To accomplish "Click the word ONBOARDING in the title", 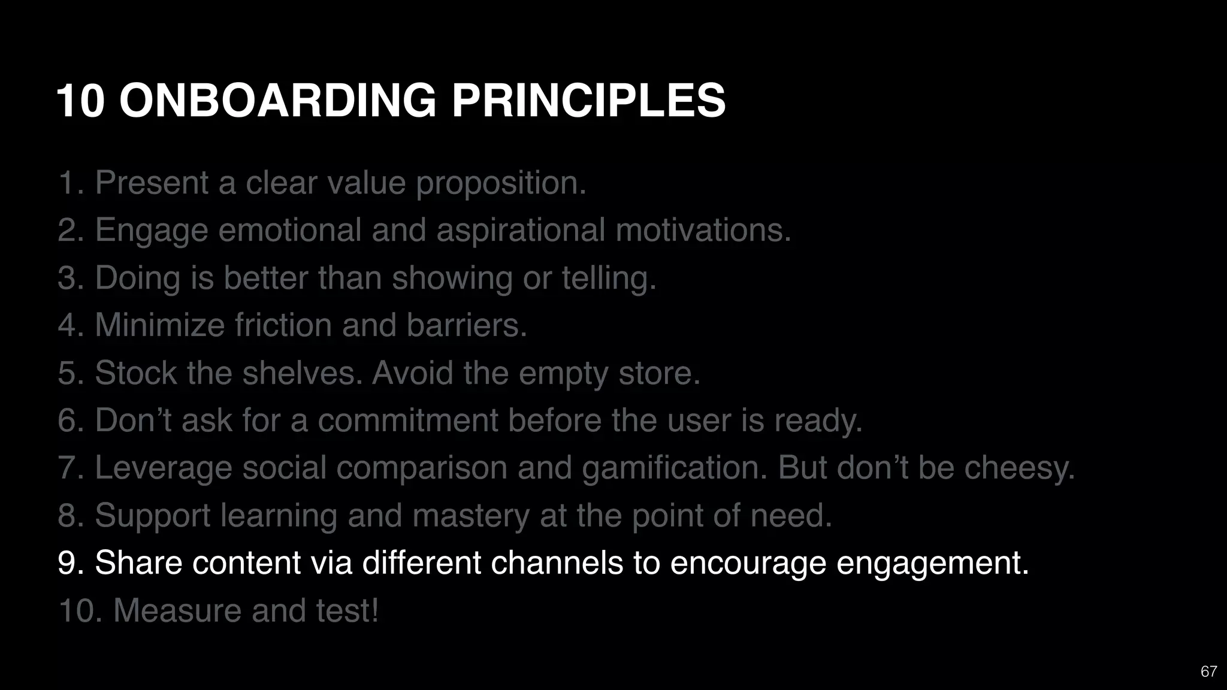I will pos(278,101).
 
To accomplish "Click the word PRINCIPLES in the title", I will pos(588,101).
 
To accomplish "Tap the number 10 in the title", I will pos(81,101).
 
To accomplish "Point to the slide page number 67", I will pos(1208,671).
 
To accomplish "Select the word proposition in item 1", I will pos(501,183).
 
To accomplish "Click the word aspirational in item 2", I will pos(521,231).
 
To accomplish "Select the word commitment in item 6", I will pos(408,420).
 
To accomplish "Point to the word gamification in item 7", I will pos(675,468).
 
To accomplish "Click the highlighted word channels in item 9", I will pos(557,563).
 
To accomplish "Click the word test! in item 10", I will pos(347,611).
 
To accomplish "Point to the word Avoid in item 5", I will pos(412,373).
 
